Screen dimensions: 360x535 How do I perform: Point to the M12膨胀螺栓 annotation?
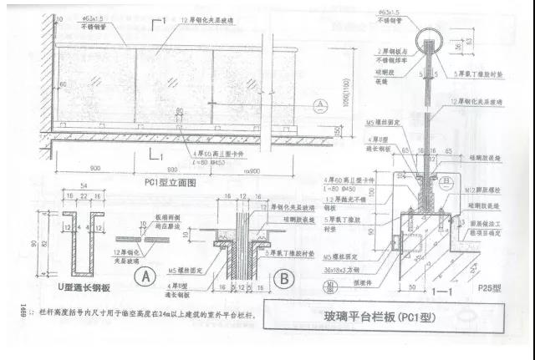(487, 191)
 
